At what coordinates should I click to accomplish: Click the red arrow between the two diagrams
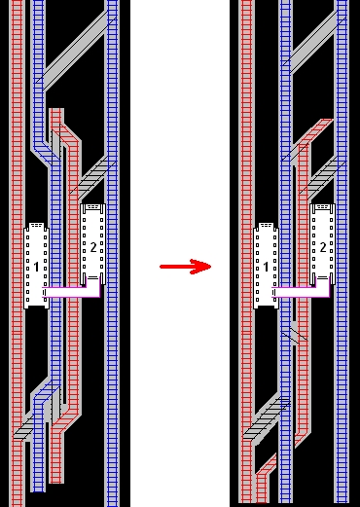pos(186,267)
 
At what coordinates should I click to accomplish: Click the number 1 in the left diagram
pos(36,267)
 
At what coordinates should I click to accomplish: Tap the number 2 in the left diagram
pos(93,247)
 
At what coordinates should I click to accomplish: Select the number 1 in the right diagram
pos(266,267)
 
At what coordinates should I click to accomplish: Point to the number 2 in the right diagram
pos(323,247)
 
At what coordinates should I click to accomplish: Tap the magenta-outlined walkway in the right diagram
pos(302,292)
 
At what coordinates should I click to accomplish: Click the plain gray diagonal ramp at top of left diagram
pos(75,51)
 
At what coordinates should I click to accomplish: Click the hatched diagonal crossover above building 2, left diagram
pos(92,177)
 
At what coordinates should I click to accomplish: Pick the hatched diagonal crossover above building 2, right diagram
pos(322,177)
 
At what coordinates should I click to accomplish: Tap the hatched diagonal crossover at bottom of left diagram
pos(24,427)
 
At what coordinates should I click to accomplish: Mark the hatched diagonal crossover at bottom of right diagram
pos(267,417)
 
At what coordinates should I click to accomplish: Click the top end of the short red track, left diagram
pos(56,110)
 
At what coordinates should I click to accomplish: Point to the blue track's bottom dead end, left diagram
pos(38,490)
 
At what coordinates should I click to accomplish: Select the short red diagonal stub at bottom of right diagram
pos(267,465)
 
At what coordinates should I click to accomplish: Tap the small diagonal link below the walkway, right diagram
pos(295,334)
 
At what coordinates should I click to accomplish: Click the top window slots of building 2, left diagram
pos(93,206)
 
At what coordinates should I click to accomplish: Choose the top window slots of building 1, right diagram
pos(266,225)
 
